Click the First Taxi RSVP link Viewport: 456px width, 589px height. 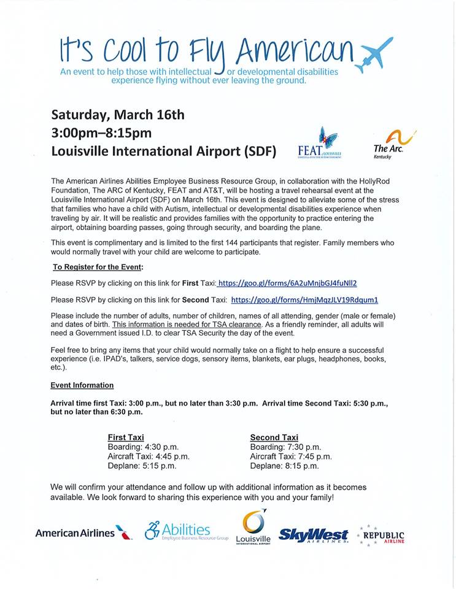[x=287, y=283]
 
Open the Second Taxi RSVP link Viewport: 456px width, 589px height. [x=304, y=300]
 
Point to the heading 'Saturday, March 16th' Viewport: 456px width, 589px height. [x=118, y=115]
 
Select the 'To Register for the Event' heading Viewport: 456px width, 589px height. [x=98, y=267]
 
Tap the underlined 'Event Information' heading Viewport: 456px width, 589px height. [x=82, y=385]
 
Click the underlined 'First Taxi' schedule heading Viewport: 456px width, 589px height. [x=126, y=437]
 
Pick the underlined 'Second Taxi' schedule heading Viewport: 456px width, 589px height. [x=274, y=437]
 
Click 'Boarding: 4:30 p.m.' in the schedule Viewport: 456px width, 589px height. [x=143, y=447]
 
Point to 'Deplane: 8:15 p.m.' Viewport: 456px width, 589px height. [x=284, y=466]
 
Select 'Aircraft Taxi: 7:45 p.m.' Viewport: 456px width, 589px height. [x=291, y=456]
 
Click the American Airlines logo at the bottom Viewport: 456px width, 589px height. [x=83, y=533]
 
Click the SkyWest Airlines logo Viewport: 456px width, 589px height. [x=314, y=534]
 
